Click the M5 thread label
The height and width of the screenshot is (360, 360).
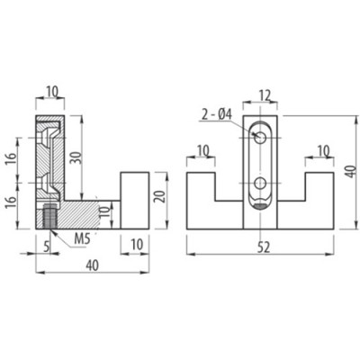point(81,239)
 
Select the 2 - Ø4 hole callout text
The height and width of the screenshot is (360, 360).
point(217,115)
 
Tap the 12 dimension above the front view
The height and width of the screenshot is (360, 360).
point(264,95)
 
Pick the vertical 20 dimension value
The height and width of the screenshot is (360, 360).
point(161,197)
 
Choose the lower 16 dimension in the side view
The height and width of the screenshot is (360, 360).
point(10,203)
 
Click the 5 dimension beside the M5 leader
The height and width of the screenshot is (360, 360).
point(46,247)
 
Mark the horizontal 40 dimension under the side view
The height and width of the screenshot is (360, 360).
point(92,265)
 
